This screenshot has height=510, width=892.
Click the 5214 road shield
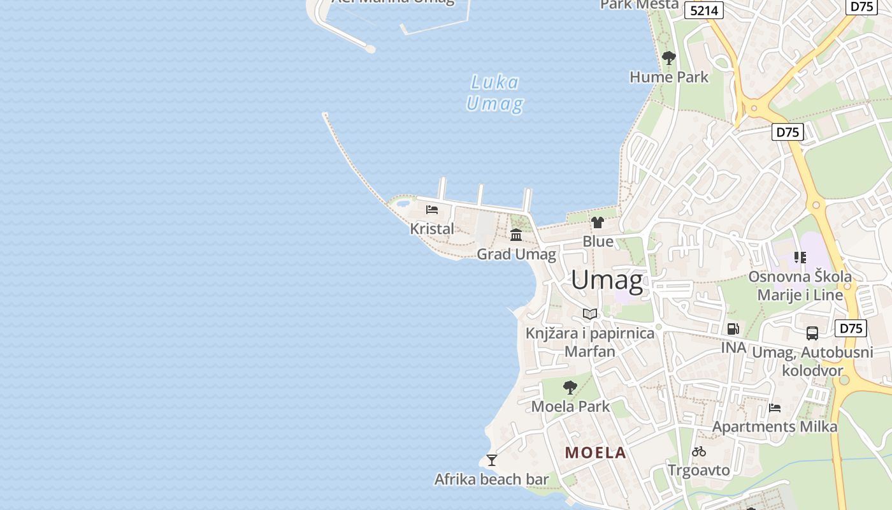[x=704, y=10]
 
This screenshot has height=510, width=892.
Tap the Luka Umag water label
[x=495, y=93]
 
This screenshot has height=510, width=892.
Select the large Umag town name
[x=606, y=280]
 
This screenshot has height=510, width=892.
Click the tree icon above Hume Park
[x=668, y=59]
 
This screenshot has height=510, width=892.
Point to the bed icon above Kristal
[x=432, y=209]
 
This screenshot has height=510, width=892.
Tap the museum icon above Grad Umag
[x=516, y=235]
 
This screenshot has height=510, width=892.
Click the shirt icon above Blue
[x=597, y=222]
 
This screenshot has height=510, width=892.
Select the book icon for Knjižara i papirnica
[x=590, y=314]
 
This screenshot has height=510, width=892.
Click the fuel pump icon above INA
[x=733, y=329]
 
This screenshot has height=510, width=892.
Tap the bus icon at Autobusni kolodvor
[x=812, y=333]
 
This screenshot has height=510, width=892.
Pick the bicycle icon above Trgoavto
[x=699, y=451]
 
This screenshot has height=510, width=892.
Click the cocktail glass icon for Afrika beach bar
[x=491, y=460]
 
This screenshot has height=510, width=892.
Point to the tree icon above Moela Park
[x=570, y=387]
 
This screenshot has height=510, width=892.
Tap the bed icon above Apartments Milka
[x=775, y=408]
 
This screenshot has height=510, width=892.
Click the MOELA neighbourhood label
[x=596, y=453]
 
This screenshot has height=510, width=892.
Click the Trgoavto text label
[x=699, y=470]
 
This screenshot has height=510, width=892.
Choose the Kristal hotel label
[x=432, y=229]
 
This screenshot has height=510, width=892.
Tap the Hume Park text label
[x=669, y=77]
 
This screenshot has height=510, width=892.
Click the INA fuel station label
[x=733, y=347]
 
